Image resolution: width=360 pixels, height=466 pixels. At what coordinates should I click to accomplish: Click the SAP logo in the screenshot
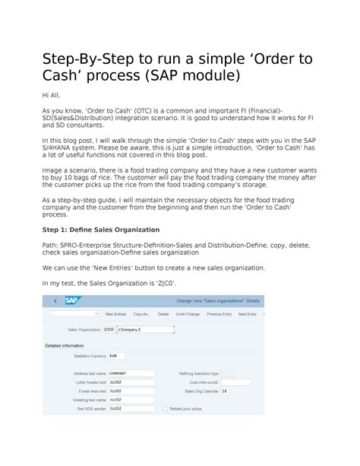pos(71,300)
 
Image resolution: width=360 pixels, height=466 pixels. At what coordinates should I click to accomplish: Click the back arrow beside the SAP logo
pos(54,300)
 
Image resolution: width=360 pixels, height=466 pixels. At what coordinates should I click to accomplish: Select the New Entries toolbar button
pos(115,313)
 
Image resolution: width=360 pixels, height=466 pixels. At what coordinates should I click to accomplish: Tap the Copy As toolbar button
pos(141,313)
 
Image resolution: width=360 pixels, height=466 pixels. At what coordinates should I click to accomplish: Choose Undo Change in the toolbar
pos(187,313)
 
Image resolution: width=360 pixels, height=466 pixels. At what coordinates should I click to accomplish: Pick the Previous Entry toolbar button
pos(219,313)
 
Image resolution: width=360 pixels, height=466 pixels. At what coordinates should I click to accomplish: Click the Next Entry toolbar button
pos(247,313)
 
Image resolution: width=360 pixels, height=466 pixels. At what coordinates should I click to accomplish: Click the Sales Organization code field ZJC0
pos(109,330)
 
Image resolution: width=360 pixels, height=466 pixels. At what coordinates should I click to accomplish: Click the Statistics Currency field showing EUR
pos(116,355)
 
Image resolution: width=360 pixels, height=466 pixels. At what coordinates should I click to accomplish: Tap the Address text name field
pos(131,373)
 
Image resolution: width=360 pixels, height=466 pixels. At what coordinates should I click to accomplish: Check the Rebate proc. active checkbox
pos(166,408)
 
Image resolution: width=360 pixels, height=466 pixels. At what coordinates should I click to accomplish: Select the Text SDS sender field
pos(131,408)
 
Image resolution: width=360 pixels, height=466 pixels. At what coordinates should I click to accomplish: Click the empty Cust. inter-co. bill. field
pos(226,382)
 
